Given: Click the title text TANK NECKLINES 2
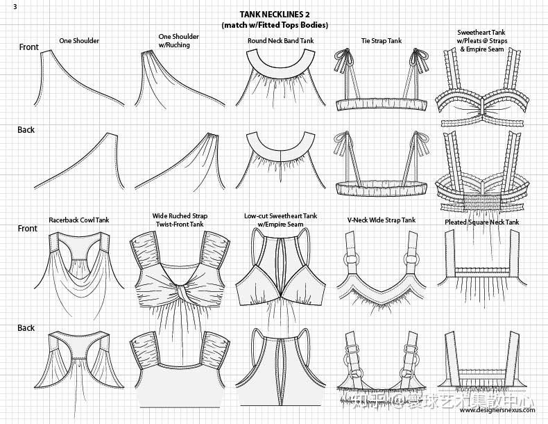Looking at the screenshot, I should (275, 14).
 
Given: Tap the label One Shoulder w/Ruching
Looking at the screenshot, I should (178, 40).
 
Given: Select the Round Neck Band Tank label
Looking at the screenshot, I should (280, 41).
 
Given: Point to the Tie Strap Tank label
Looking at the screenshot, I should (381, 41).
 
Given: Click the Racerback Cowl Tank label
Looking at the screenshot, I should (78, 220).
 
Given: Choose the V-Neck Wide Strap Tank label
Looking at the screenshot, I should (381, 220).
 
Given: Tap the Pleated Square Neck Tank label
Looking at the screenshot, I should (481, 222).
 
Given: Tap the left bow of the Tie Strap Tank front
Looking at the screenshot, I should (342, 54).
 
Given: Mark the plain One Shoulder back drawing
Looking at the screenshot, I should (78, 163).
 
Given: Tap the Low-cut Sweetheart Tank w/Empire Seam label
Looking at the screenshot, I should (280, 220).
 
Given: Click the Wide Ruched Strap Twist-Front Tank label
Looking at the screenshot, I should (179, 220).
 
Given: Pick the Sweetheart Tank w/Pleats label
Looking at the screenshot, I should (481, 40).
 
